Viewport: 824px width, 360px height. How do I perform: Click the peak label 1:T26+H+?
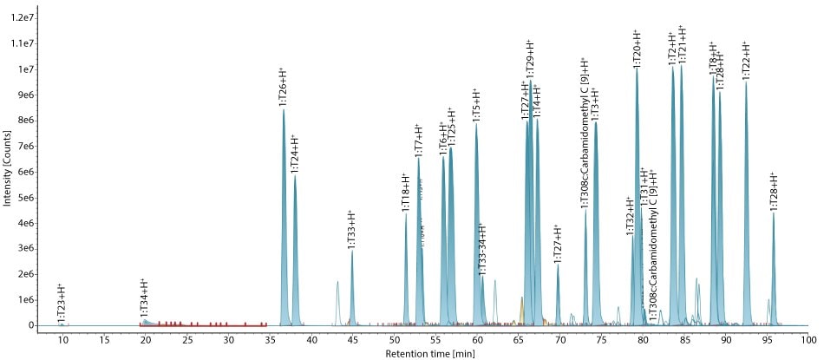click(283, 87)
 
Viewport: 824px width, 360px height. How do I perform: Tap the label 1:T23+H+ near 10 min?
click(61, 304)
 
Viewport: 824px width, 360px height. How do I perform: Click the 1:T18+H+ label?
click(405, 193)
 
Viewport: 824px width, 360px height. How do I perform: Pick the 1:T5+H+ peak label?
click(476, 105)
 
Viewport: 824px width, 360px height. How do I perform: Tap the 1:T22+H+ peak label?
click(746, 61)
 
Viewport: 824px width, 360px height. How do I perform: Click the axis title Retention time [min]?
click(424, 353)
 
